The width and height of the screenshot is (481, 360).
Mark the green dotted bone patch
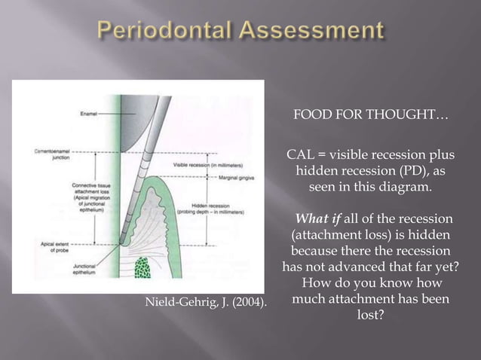coord(142,269)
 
